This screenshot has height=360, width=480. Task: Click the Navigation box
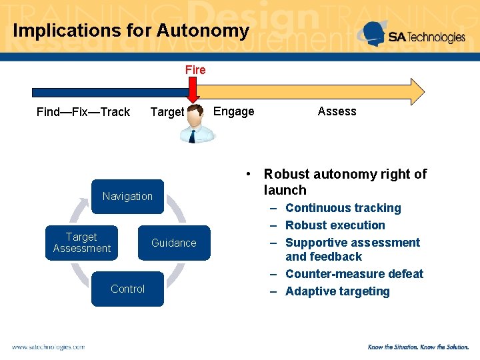[x=127, y=196]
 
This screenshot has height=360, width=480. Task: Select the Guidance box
[x=173, y=243]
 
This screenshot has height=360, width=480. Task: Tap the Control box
[x=127, y=289]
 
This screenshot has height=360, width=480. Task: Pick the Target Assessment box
[x=81, y=243]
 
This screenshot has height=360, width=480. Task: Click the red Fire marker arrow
[x=193, y=90]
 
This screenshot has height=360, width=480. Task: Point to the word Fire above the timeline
[x=195, y=69]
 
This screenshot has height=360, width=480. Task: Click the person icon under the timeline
[x=198, y=123]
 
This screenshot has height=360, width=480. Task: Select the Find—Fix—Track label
[x=83, y=112]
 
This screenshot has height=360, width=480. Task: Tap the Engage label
[x=233, y=111]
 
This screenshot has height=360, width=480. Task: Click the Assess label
[x=337, y=111]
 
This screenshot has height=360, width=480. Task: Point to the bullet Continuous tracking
[x=343, y=208]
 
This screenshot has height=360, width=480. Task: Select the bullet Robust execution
[x=335, y=225]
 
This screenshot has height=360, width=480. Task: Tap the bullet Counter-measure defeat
[x=354, y=274]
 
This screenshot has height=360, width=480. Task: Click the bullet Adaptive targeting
[x=337, y=291]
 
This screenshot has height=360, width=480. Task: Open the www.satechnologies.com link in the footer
[x=48, y=347]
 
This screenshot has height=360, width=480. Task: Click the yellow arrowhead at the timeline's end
[x=417, y=92]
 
